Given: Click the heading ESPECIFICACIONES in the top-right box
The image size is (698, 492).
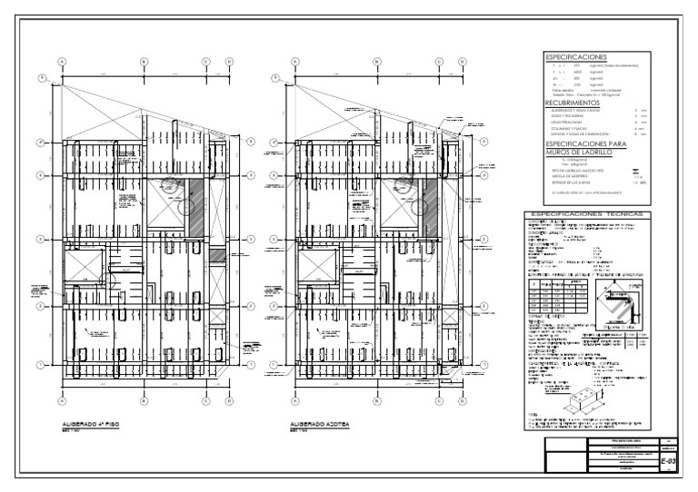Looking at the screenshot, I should pyautogui.click(x=573, y=57).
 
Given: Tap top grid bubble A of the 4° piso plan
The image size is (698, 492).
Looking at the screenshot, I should pyautogui.click(x=63, y=62).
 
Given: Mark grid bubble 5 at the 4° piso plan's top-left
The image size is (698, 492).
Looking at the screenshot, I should pyautogui.click(x=42, y=79).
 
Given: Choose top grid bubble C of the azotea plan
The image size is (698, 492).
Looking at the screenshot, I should pyautogui.click(x=438, y=62).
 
